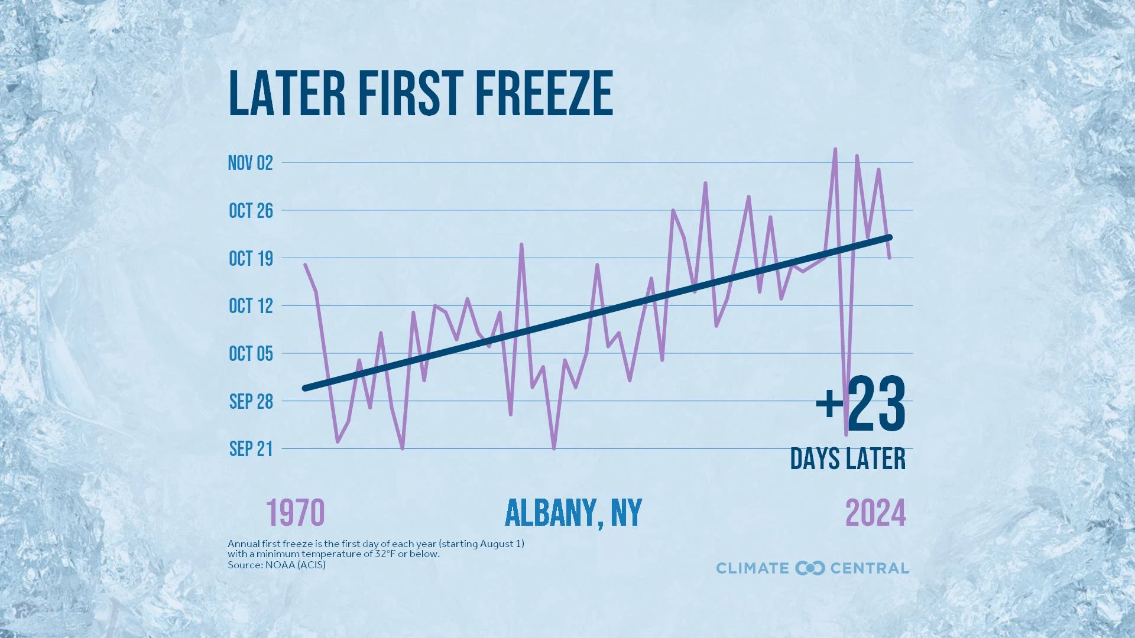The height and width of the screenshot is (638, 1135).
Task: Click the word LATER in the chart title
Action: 287,93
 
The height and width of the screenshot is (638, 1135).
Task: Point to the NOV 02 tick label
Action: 251,163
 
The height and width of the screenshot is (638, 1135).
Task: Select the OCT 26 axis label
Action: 251,211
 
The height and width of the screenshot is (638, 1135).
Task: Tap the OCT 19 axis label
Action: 251,259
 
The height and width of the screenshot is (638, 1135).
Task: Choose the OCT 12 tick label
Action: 251,306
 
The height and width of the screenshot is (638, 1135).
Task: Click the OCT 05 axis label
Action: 251,354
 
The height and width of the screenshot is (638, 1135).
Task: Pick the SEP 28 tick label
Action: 251,402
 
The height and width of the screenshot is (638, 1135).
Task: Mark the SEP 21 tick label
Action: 251,449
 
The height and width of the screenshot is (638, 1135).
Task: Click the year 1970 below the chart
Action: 295,513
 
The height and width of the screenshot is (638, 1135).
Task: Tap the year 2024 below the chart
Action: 875,513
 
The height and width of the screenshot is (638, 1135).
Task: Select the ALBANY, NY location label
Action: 573,513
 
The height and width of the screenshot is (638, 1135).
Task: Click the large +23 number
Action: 861,405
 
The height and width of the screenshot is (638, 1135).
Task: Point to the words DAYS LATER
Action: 848,459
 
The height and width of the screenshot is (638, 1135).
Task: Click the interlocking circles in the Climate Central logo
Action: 809,568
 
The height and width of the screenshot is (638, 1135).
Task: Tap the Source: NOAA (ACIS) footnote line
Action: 276,565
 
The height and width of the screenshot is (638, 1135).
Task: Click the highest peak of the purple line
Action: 835,149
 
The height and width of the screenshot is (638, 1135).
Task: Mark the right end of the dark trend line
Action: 890,237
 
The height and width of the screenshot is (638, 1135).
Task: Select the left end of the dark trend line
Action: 305,388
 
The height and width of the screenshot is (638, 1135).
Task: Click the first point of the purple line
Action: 305,265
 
